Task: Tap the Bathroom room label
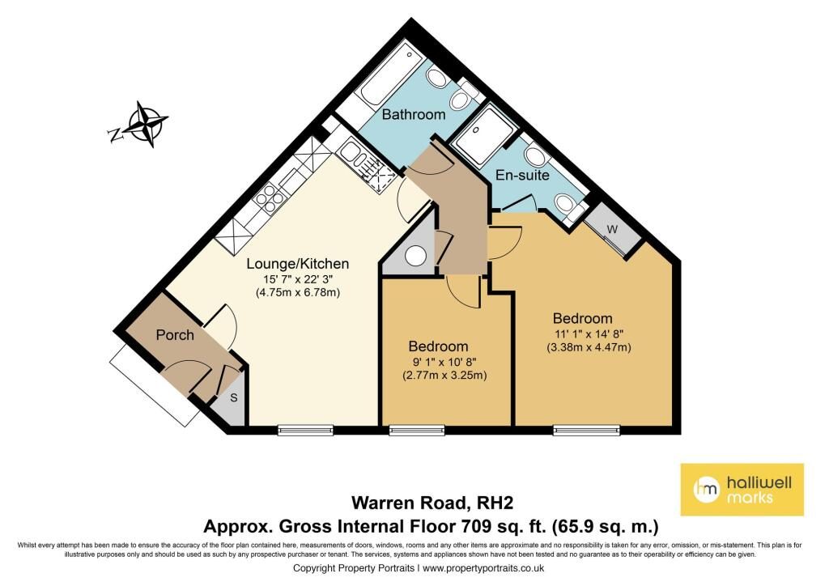click(x=414, y=114)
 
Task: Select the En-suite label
click(x=522, y=175)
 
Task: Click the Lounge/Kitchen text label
click(x=298, y=264)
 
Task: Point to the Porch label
click(x=175, y=335)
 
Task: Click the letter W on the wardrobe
click(x=612, y=229)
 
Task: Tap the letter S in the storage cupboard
click(x=233, y=398)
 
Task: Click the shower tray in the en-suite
click(x=484, y=134)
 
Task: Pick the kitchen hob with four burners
click(x=271, y=198)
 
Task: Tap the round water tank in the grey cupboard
click(x=415, y=257)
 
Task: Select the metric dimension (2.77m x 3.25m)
click(x=444, y=376)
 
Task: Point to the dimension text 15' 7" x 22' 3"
click(x=298, y=279)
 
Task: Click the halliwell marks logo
click(x=742, y=490)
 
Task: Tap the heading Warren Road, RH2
click(x=432, y=503)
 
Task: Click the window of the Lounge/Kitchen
click(x=305, y=430)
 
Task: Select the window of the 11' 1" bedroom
click(x=586, y=430)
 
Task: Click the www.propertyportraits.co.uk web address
click(x=483, y=568)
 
